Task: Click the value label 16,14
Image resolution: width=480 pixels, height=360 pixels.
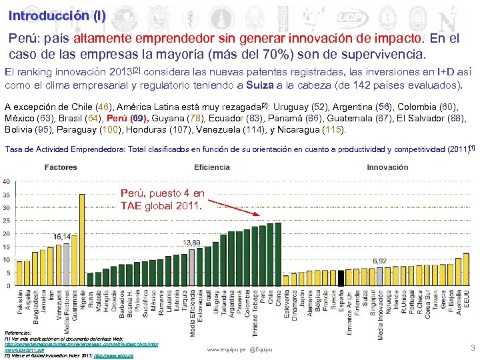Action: click(63, 237)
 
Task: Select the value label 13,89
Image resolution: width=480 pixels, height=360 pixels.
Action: click(192, 241)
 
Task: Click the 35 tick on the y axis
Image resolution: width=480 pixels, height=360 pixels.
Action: click(7, 195)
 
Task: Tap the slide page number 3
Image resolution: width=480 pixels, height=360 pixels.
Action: click(472, 347)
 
